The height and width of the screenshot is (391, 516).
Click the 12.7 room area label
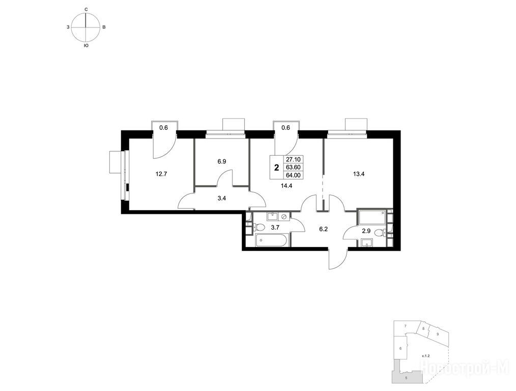(x=162, y=174)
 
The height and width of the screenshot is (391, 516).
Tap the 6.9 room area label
(x=221, y=161)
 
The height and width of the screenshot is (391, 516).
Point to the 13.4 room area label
(x=359, y=174)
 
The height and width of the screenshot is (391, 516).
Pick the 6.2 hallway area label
(x=324, y=229)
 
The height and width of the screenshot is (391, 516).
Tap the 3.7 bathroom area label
(x=275, y=227)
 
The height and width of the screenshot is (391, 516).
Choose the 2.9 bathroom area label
(x=366, y=231)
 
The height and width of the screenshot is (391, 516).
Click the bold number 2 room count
(x=277, y=167)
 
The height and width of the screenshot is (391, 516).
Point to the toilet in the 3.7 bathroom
(x=259, y=228)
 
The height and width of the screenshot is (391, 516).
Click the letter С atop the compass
(x=86, y=10)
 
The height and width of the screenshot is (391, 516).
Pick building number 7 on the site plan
(x=406, y=326)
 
